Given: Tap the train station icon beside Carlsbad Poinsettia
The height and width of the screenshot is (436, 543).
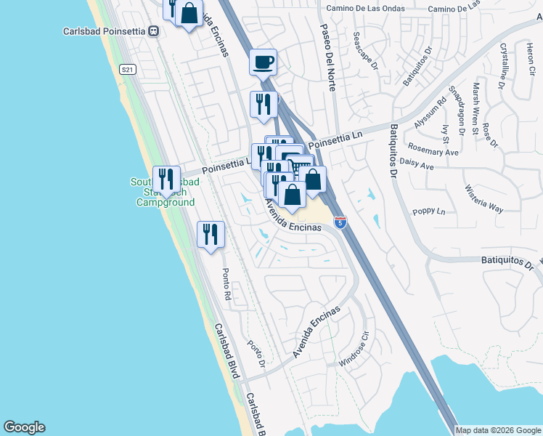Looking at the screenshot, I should tap(153, 31).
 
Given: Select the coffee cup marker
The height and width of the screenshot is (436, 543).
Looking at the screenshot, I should tap(263, 62).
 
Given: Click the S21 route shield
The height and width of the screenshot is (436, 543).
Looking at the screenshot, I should tap(128, 69).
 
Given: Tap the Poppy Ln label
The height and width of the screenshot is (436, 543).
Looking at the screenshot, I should tap(428, 211).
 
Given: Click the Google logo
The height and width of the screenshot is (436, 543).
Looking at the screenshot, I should tap(24, 427).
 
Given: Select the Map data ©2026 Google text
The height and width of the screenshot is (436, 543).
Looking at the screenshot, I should tap(498, 430).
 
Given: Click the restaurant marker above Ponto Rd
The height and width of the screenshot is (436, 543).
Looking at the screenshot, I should tap(211, 235).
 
